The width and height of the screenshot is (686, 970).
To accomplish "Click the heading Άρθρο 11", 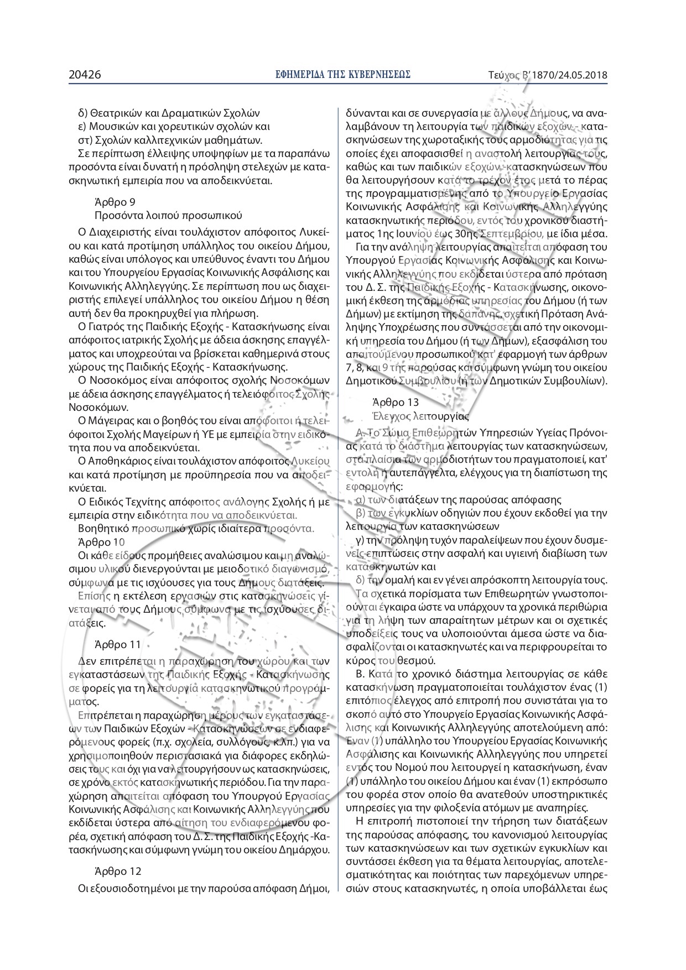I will pos(118,644).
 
